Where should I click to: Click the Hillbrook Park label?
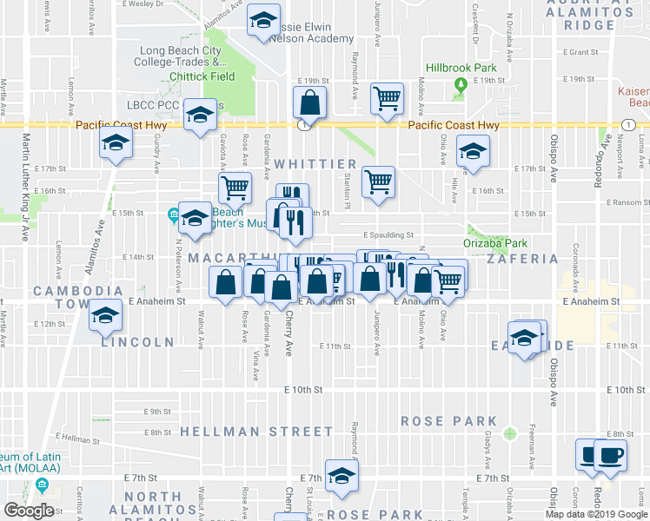460,68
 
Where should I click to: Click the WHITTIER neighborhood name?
315,164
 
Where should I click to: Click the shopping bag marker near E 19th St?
309,103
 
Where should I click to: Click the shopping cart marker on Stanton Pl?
378,182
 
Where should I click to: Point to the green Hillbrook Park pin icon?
460,85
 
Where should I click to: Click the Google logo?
29,511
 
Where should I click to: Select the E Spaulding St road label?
388,234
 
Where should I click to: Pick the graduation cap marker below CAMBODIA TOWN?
106,316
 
